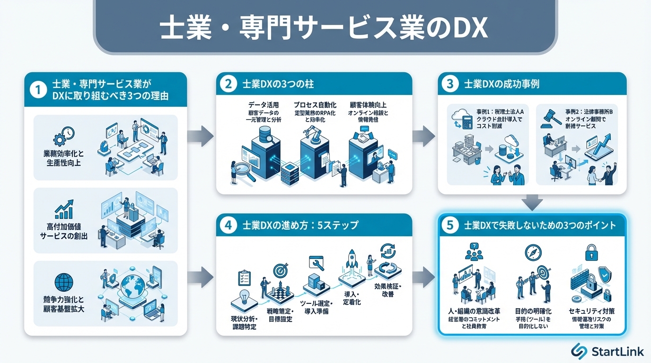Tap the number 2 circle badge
(x=228, y=84)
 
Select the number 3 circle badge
(x=449, y=84)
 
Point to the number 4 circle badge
(x=228, y=225)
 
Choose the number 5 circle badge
(x=449, y=225)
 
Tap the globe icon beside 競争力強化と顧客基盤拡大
(x=64, y=282)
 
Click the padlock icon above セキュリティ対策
(x=592, y=253)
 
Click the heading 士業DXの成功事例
(x=502, y=84)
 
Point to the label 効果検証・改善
(x=387, y=290)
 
